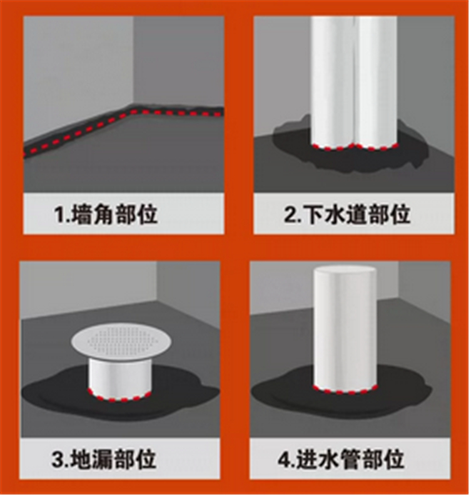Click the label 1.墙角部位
106,214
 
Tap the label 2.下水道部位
347,214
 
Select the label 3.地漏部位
104,459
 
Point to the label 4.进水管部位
341,459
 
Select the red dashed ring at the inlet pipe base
345,390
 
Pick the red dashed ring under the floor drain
119,397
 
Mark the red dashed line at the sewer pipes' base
354,147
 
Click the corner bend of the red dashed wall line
133,111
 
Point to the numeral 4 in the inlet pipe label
284,459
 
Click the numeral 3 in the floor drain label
58,459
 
